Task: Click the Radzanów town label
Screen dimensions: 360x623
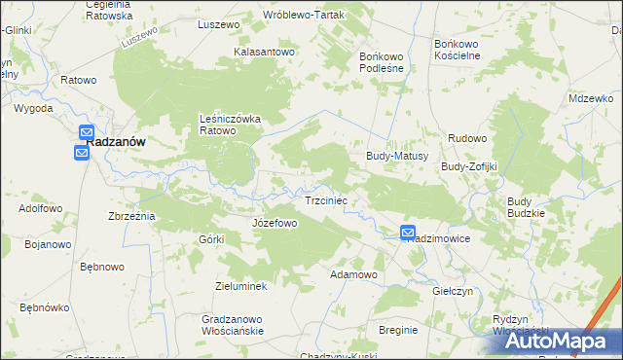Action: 116,141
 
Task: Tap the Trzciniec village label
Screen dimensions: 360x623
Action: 327,200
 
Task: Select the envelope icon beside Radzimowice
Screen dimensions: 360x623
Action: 408,233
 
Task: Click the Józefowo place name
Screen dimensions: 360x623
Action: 275,223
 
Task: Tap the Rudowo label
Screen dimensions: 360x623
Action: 467,138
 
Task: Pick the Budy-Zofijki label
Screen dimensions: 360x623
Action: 469,166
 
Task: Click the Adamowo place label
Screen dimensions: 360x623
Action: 353,274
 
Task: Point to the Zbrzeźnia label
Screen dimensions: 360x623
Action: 132,215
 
